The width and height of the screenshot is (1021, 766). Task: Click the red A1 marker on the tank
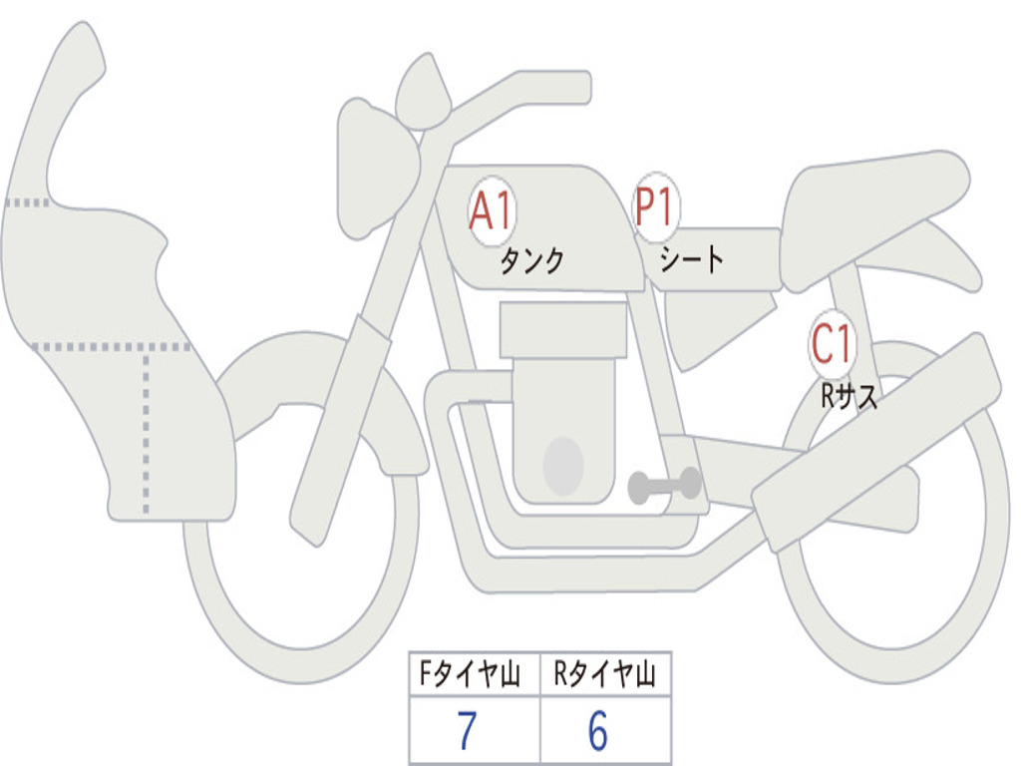pyautogui.click(x=491, y=211)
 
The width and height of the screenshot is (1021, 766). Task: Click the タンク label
pyautogui.click(x=531, y=261)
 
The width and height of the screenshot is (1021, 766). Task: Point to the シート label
pyautogui.click(x=692, y=260)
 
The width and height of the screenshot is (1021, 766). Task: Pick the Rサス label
pyautogui.click(x=849, y=397)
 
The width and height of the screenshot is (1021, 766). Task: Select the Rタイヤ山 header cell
pyautogui.click(x=605, y=675)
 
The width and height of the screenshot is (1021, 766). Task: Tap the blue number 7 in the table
pyautogui.click(x=467, y=732)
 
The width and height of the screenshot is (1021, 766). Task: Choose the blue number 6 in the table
pyautogui.click(x=598, y=732)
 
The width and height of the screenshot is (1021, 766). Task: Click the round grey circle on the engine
pyautogui.click(x=563, y=466)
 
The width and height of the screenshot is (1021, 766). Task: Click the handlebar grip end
pyautogui.click(x=573, y=88)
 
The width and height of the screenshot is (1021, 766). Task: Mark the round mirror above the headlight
pyautogui.click(x=423, y=93)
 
